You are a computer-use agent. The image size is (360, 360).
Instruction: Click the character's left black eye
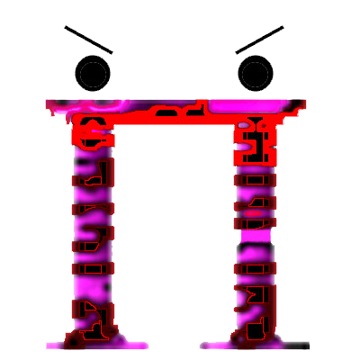(x=91, y=73)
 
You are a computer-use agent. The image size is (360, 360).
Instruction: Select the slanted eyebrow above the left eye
(x=89, y=39)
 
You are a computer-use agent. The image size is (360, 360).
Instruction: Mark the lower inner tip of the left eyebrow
(x=114, y=51)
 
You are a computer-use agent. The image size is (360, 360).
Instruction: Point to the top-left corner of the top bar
(x=45, y=102)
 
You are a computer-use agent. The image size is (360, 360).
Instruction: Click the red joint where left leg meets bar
(x=92, y=130)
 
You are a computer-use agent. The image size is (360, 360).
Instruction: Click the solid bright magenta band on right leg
(x=257, y=236)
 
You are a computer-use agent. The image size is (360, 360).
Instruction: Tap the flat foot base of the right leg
(x=255, y=343)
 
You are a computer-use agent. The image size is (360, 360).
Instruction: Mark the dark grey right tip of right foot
(x=304, y=345)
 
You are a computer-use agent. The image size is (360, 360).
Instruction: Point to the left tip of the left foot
(x=49, y=344)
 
